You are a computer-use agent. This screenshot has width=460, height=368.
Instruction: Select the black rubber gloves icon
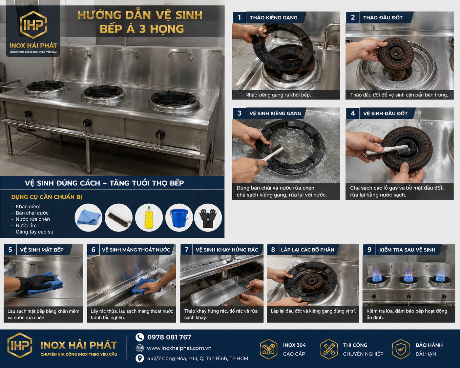208,218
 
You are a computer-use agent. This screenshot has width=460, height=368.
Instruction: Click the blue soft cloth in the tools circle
88,217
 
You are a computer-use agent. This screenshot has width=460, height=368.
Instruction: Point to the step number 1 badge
239,17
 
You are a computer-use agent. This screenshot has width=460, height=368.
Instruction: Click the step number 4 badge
353,113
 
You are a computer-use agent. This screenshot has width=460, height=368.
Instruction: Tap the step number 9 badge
369,250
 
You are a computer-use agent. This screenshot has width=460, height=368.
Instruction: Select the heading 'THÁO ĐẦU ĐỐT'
383,17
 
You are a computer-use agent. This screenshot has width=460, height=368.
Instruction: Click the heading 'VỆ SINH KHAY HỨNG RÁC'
227,250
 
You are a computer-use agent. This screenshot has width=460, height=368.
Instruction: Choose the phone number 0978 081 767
169,337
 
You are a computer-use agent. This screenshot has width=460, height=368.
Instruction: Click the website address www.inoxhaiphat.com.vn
179,348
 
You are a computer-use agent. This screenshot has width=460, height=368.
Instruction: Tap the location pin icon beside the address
139,358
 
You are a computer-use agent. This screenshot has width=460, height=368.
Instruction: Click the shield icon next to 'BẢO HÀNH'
401,349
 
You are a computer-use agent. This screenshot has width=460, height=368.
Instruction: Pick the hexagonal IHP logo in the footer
20,345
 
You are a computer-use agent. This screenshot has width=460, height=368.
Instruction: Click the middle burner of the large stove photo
103,93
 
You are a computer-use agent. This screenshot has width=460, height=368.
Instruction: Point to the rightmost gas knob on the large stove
160,134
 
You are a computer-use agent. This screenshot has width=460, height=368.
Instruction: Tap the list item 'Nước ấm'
26,225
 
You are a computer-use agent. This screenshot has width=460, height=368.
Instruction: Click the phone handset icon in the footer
139,337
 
